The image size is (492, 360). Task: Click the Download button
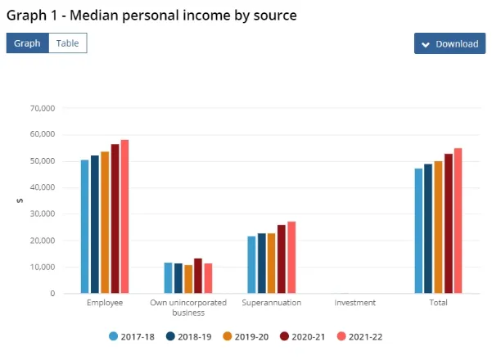[x=449, y=43]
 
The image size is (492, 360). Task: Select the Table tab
[x=67, y=43]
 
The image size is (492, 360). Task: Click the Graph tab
[x=27, y=43]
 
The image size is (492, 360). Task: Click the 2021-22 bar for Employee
[x=124, y=217]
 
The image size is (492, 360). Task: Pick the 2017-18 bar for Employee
[x=84, y=227]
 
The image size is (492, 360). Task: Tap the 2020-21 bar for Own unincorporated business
[x=198, y=276]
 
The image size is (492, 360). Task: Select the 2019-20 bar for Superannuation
[x=272, y=263]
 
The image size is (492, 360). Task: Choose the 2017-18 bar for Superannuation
[x=251, y=265]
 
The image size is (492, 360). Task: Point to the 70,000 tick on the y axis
[x=40, y=108]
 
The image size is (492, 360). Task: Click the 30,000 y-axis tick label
[x=40, y=214]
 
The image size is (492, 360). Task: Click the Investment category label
[x=355, y=303]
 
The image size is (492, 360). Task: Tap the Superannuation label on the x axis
[x=272, y=303]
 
